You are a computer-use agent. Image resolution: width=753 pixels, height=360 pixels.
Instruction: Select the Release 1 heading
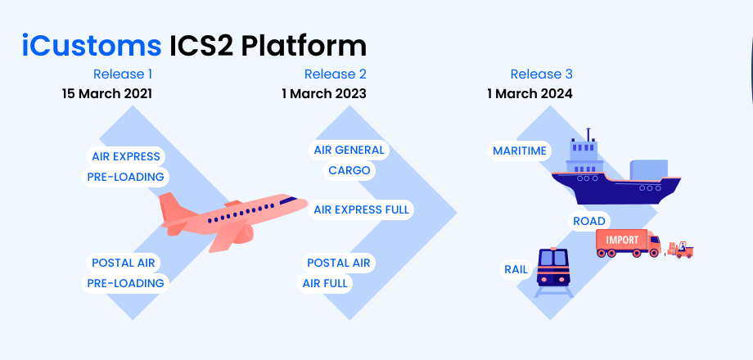click(123, 74)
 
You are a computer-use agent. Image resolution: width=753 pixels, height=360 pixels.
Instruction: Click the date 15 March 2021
click(106, 94)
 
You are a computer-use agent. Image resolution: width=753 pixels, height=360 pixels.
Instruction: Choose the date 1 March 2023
click(323, 94)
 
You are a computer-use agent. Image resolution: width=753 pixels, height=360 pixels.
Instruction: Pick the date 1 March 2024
click(530, 94)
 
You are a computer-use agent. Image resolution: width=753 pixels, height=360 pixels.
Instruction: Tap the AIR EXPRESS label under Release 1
click(125, 156)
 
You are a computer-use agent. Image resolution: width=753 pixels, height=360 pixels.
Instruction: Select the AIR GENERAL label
click(349, 151)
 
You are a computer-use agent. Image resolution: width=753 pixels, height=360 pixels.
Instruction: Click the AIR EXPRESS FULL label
click(361, 210)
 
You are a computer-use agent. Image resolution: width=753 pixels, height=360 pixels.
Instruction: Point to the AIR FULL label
click(326, 284)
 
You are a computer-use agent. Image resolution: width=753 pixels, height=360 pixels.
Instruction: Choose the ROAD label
click(589, 221)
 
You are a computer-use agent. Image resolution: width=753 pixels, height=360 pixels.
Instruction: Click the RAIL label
click(516, 268)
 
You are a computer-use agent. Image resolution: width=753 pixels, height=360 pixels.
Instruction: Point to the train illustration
click(553, 270)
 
